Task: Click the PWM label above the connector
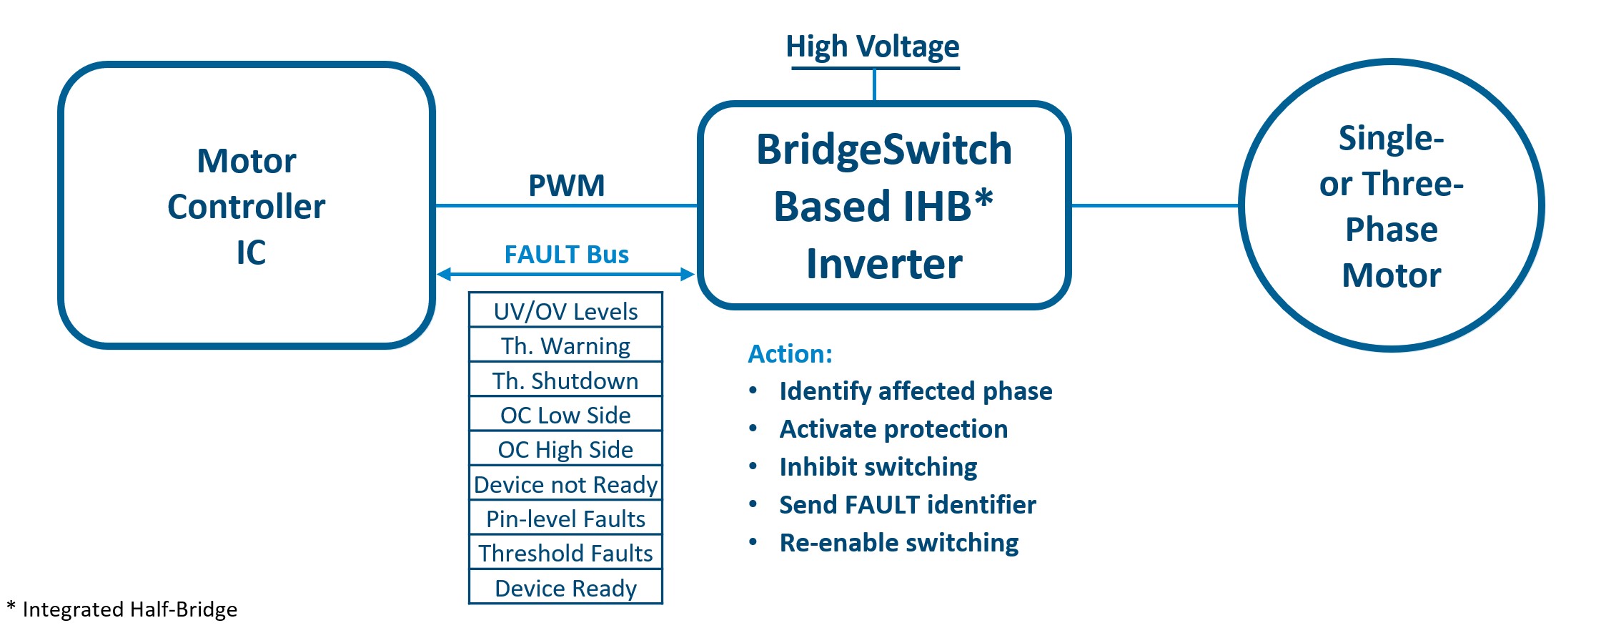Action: pyautogui.click(x=566, y=185)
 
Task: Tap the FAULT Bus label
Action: pyautogui.click(x=566, y=255)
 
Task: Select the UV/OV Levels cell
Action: pyautogui.click(x=565, y=311)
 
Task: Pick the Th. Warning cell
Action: pyautogui.click(x=565, y=346)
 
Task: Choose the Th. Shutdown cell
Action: pyautogui.click(x=565, y=381)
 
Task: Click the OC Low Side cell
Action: pyautogui.click(x=565, y=415)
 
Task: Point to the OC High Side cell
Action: pyautogui.click(x=565, y=449)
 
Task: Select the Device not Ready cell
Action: pyautogui.click(x=565, y=484)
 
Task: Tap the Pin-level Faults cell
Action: pyautogui.click(x=565, y=519)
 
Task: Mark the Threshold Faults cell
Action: pyautogui.click(x=565, y=553)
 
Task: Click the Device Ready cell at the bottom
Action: pyautogui.click(x=565, y=588)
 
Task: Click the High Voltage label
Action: pyautogui.click(x=872, y=46)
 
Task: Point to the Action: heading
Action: pyautogui.click(x=790, y=354)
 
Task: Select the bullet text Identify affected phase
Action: pyautogui.click(x=916, y=391)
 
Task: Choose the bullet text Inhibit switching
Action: pyautogui.click(x=878, y=467)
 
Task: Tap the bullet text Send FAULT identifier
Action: pyautogui.click(x=907, y=505)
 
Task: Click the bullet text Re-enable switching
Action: pyautogui.click(x=898, y=543)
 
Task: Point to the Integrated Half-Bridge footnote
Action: pyautogui.click(x=122, y=609)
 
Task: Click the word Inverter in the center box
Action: pyautogui.click(x=884, y=264)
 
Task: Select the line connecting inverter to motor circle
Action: pyautogui.click(x=1154, y=206)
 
